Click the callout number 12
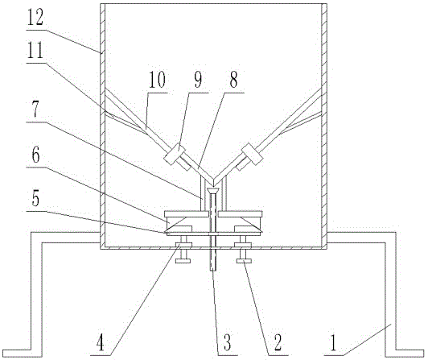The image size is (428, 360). pyautogui.click(x=35, y=18)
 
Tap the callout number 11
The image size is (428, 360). pyautogui.click(x=35, y=51)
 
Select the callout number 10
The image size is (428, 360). pyautogui.click(x=157, y=80)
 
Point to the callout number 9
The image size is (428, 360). pyautogui.click(x=198, y=80)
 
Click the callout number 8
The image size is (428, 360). pyautogui.click(x=233, y=80)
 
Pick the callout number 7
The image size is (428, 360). pyautogui.click(x=35, y=110)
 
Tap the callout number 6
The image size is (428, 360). pyautogui.click(x=35, y=155)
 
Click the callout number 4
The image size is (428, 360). pyautogui.click(x=101, y=343)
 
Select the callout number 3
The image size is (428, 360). pyautogui.click(x=227, y=343)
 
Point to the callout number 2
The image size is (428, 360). pyautogui.click(x=278, y=343)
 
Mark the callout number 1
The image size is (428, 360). pyautogui.click(x=333, y=343)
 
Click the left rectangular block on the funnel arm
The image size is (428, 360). pyautogui.click(x=175, y=154)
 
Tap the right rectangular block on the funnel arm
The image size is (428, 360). pyautogui.click(x=253, y=154)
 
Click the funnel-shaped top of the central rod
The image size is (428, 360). pyautogui.click(x=213, y=191)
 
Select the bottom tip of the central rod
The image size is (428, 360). pyautogui.click(x=213, y=271)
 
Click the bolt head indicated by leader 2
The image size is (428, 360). pyautogui.click(x=244, y=261)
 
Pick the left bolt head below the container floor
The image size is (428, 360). pyautogui.click(x=183, y=261)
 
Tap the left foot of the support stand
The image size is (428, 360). pyautogui.click(x=23, y=354)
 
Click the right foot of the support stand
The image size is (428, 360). pyautogui.click(x=404, y=354)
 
